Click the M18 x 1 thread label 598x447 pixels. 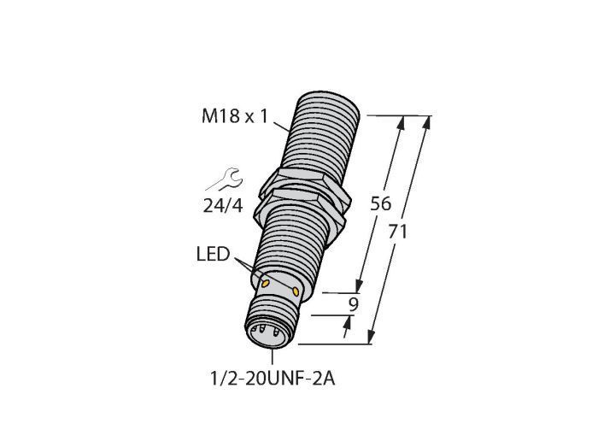point(235,116)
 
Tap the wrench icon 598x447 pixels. point(225,179)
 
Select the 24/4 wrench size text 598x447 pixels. point(223,206)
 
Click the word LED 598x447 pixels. point(214,254)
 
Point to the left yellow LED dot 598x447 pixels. point(266,283)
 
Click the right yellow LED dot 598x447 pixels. point(296,291)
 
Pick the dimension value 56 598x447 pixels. point(381,203)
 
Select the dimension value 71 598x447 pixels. point(398,232)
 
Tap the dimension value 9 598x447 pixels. point(354,305)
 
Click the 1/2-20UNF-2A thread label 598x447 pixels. point(273,379)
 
